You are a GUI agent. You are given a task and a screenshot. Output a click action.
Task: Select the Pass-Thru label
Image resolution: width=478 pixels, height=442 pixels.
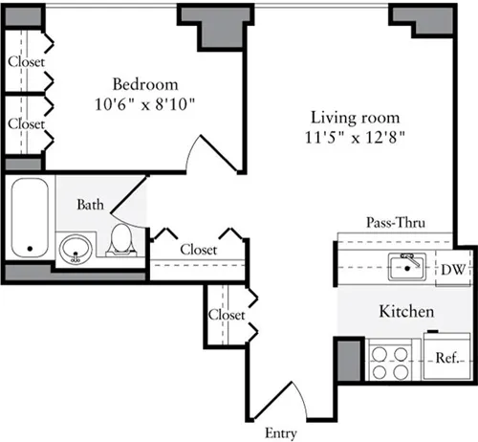pos(396,222)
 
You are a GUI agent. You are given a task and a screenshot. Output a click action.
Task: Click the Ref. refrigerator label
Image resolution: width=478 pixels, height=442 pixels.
pos(446,360)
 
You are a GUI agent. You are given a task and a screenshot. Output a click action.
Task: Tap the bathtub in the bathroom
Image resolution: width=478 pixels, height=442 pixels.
pos(32,218)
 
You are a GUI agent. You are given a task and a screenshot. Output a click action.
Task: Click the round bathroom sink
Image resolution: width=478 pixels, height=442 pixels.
pos(75,252)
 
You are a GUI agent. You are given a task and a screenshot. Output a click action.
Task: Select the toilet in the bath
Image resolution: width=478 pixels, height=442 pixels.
pos(120,241)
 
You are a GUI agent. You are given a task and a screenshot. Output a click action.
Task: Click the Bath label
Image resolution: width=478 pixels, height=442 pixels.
pos(92,204)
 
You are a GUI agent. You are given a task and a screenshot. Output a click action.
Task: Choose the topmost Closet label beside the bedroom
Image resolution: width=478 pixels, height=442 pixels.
pos(26,62)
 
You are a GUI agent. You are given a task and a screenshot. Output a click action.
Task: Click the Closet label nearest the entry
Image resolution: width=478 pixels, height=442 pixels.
pos(227,314)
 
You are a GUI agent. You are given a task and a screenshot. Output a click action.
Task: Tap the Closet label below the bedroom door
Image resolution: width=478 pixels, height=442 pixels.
pos(198,250)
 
